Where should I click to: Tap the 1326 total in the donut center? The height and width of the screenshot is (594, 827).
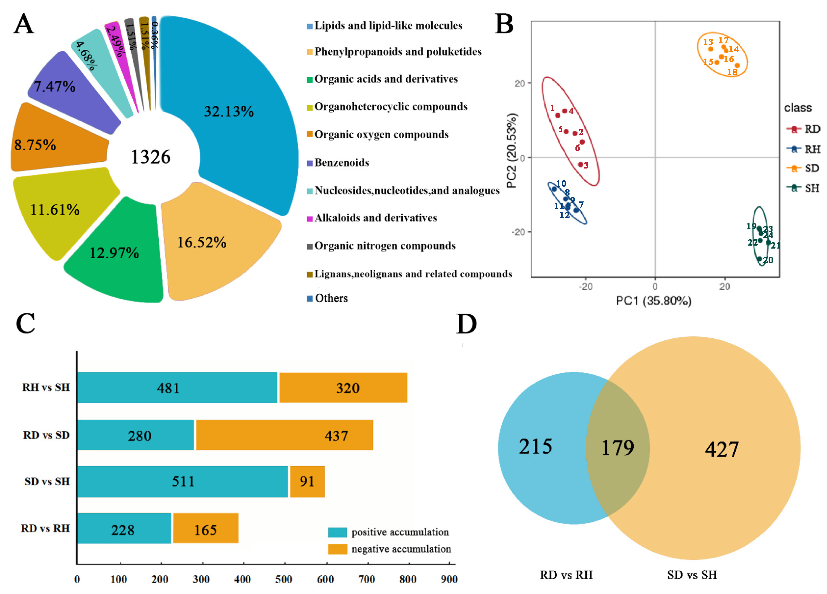tap(151, 157)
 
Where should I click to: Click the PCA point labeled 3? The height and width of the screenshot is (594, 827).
tap(580, 164)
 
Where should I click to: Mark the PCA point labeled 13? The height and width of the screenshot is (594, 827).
tap(711, 49)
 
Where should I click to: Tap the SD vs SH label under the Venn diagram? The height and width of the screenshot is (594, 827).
tap(692, 575)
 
